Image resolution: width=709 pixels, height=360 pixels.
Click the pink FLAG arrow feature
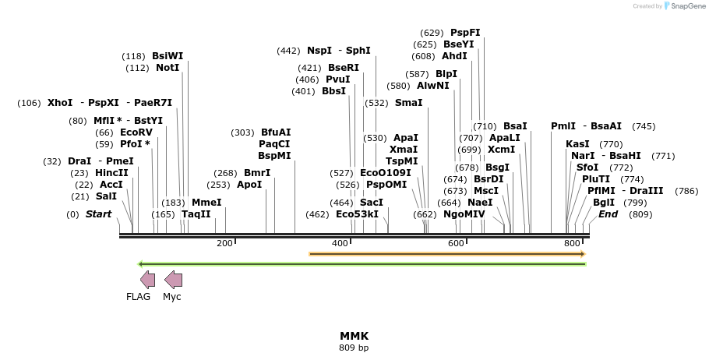147,280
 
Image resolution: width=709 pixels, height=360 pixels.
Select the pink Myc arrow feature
173,280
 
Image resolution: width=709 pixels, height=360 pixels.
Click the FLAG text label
138,297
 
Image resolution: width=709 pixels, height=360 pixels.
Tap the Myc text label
171,297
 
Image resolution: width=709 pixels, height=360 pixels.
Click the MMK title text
354,336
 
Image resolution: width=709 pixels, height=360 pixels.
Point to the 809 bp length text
354,348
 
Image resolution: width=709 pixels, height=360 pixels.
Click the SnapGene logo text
685,6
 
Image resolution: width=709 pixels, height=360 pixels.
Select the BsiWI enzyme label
168,56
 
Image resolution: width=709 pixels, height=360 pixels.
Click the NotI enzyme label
168,68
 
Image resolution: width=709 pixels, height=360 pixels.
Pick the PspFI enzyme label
465,33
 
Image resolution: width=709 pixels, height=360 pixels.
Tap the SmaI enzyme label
408,103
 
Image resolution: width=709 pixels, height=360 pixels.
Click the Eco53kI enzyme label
357,214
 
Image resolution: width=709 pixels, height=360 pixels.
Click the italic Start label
98,214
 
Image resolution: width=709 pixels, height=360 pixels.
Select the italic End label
608,214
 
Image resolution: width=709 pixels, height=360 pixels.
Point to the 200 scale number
224,244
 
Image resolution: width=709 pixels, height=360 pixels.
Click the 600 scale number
456,244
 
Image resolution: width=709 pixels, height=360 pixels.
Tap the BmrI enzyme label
257,173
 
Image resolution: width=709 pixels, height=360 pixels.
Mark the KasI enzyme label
577,144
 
